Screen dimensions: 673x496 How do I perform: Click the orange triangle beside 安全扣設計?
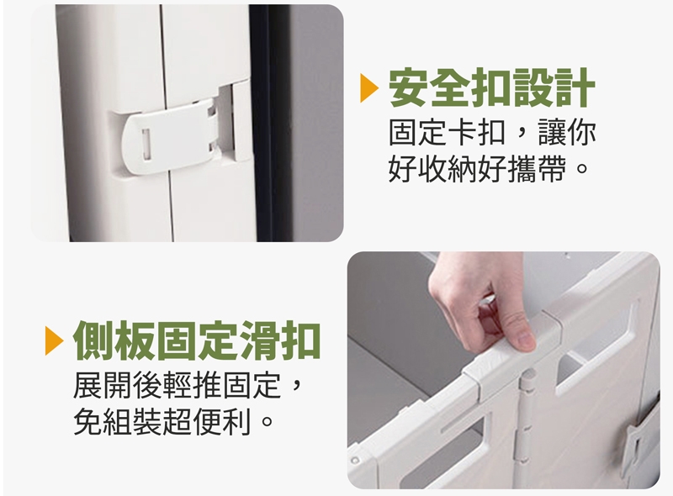pyautogui.click(x=368, y=88)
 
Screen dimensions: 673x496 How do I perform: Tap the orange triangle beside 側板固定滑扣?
pyautogui.click(x=53, y=341)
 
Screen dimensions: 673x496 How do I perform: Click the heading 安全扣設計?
pyautogui.click(x=492, y=87)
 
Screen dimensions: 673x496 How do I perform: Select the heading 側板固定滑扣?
pyautogui.click(x=197, y=340)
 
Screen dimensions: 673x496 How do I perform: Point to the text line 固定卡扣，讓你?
pyautogui.click(x=492, y=132)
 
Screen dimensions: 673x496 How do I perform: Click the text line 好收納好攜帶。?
pyautogui.click(x=488, y=169)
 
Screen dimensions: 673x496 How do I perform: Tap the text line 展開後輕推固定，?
pyautogui.click(x=189, y=385)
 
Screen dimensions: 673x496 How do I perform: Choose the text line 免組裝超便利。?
pyautogui.click(x=173, y=421)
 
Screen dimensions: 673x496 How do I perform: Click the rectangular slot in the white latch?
pyautogui.click(x=146, y=144)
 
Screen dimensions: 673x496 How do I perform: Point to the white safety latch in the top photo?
pyautogui.click(x=167, y=138)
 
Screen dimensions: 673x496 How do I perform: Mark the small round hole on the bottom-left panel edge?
pyautogui.click(x=355, y=461)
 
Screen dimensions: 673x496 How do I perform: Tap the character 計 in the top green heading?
pyautogui.click(x=575, y=87)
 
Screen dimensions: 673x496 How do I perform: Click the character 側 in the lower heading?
pyautogui.click(x=93, y=340)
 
